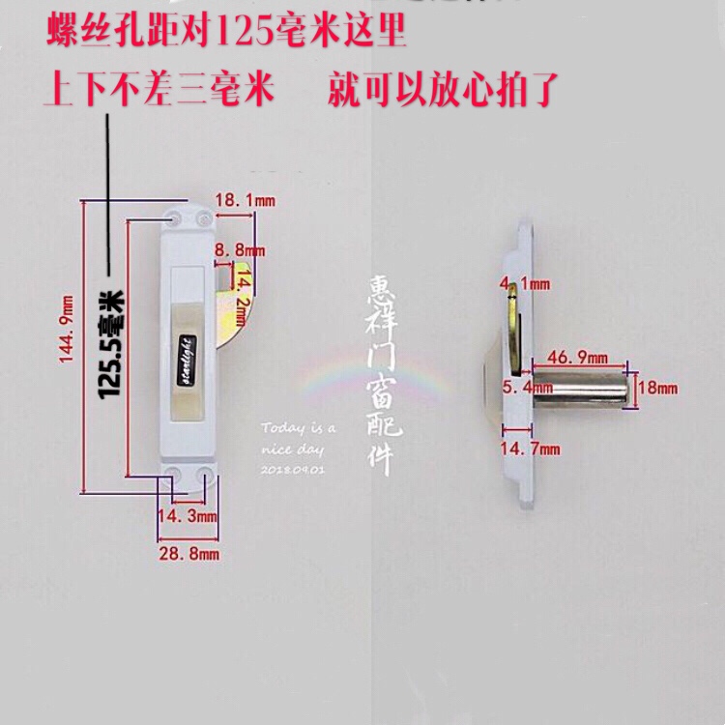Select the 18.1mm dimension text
point(245,200)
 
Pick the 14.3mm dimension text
point(188,518)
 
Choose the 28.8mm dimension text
point(188,554)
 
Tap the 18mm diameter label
point(658,387)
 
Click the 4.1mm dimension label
point(523,284)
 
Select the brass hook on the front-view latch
point(233,309)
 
